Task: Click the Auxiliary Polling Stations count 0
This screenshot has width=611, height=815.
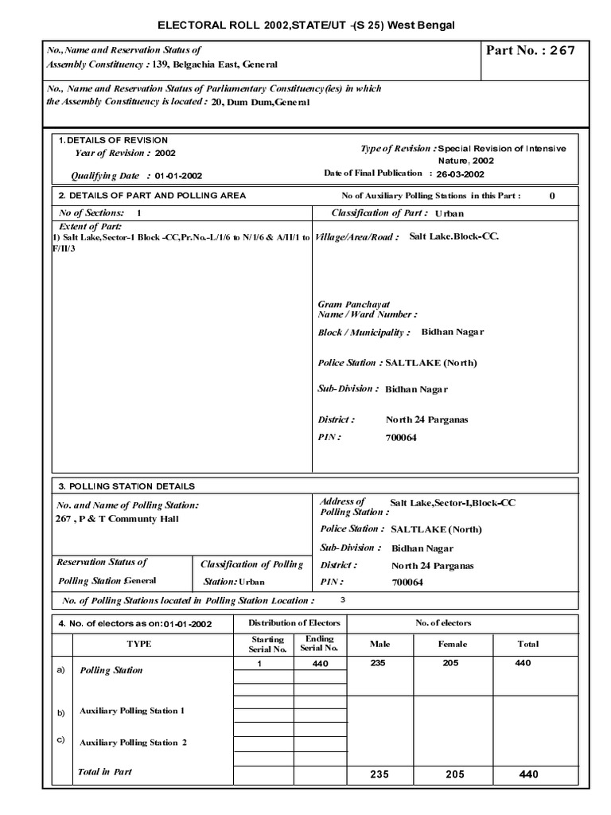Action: pos(552,195)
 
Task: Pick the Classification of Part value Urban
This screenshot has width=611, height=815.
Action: pos(449,214)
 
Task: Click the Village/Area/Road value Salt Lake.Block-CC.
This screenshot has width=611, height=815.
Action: pos(454,237)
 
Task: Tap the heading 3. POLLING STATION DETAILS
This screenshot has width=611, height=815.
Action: pos(126,485)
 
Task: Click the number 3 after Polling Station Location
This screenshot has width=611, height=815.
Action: pos(343,600)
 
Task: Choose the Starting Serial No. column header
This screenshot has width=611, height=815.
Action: pos(267,644)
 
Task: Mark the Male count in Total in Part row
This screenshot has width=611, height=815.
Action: pos(378,774)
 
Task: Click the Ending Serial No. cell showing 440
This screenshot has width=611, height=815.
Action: pos(321,663)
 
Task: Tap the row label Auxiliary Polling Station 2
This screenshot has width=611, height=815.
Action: pos(133,743)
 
